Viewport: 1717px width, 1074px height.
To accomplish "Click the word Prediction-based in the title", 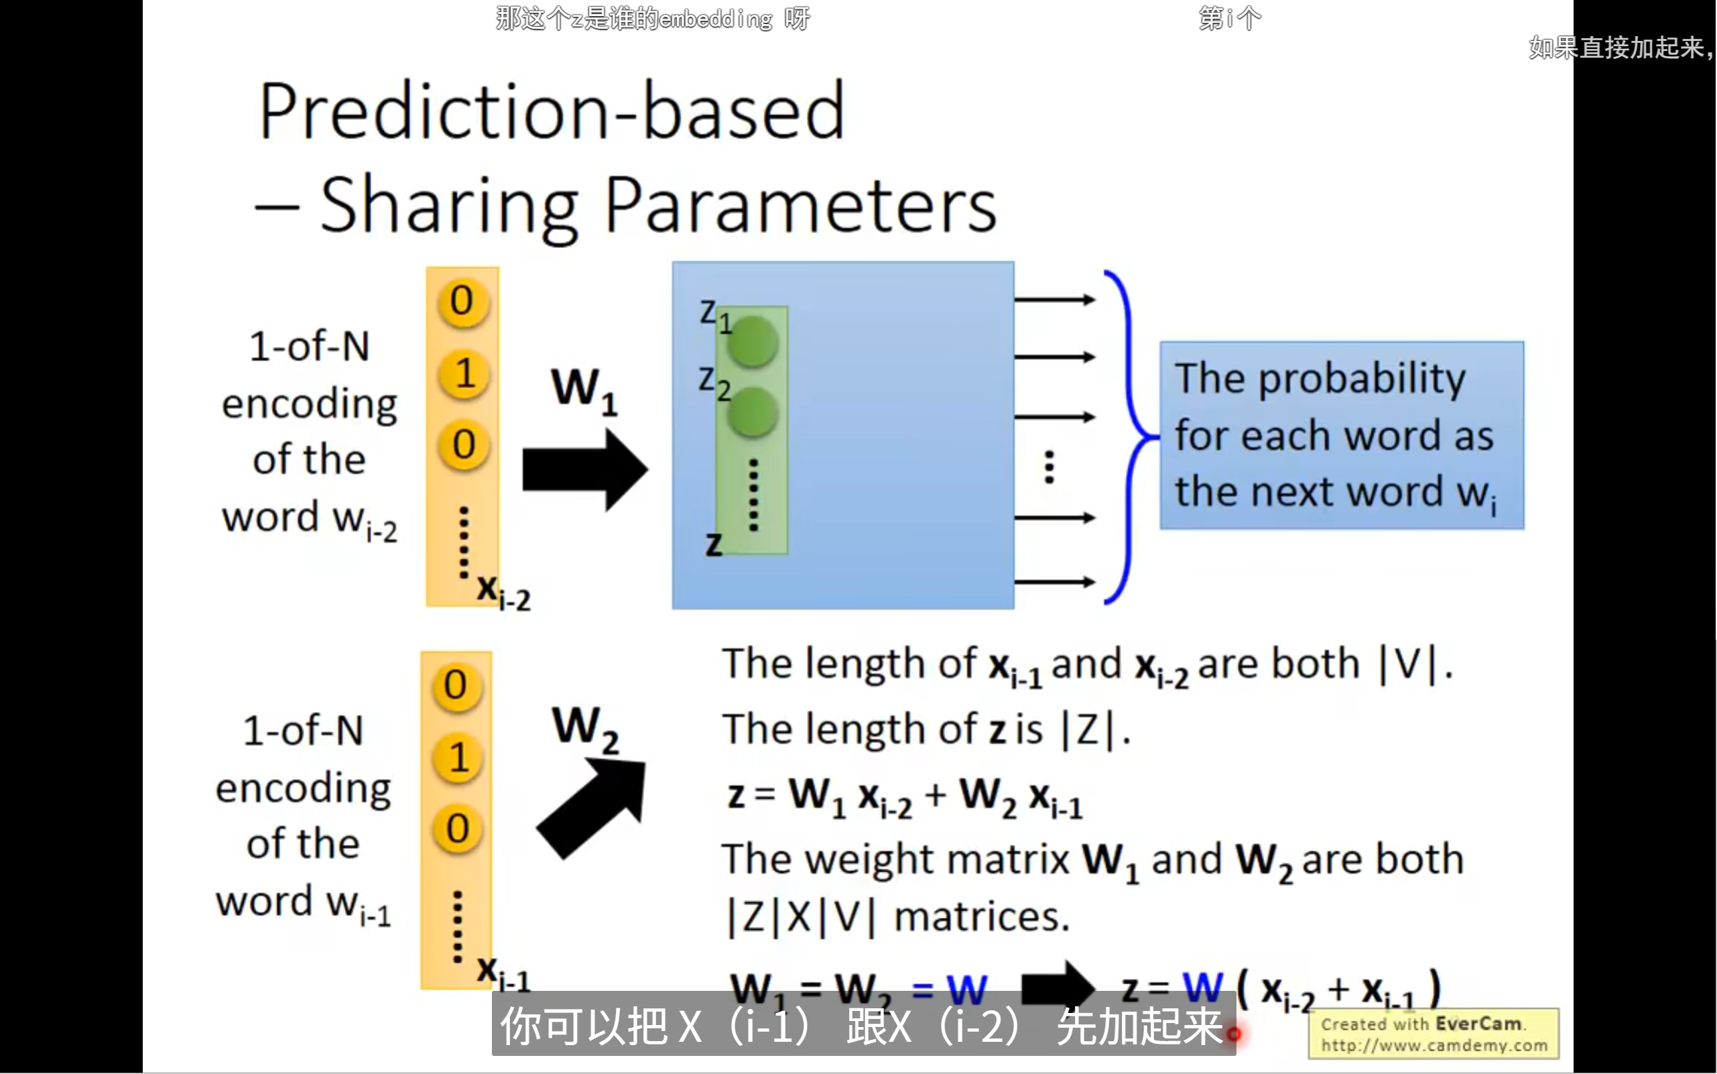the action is click(551, 111).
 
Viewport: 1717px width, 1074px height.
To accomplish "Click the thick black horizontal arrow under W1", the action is click(584, 469).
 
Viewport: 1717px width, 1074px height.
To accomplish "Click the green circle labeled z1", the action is click(751, 342).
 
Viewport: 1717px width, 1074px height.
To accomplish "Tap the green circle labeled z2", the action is click(751, 412).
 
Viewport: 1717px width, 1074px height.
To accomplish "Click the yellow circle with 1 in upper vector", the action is click(464, 373).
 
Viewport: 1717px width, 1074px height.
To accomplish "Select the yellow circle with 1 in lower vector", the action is click(458, 757).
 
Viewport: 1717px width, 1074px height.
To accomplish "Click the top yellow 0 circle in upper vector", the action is click(462, 301).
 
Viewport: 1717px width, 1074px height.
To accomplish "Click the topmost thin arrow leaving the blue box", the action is click(1054, 300).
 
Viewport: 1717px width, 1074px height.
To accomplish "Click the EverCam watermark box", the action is click(1433, 1034).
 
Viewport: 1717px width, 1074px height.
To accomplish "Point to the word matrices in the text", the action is click(981, 917).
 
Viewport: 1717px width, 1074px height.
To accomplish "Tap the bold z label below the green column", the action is click(713, 544).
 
